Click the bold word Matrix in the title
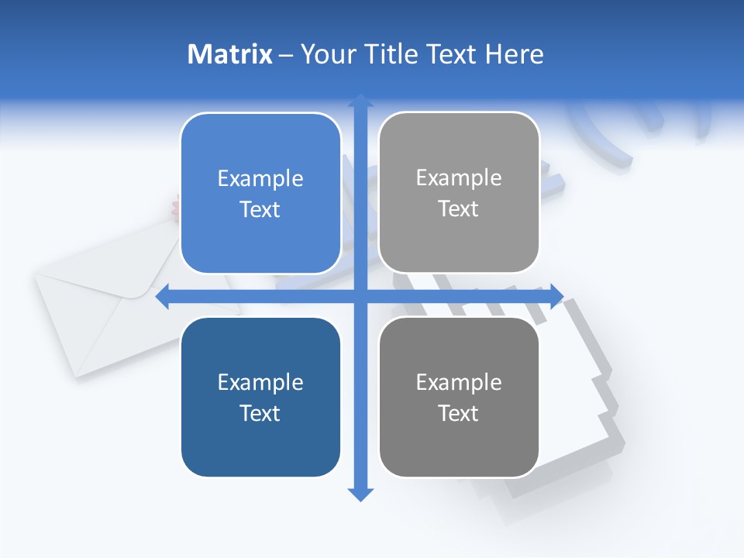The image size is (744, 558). (230, 54)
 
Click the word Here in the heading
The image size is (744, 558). (514, 54)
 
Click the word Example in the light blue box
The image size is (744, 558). (260, 179)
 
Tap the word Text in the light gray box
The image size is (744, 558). (459, 209)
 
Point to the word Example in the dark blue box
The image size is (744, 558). (260, 383)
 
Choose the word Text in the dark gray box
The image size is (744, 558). (459, 413)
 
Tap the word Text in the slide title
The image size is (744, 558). (453, 54)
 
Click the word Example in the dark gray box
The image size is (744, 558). (459, 382)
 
